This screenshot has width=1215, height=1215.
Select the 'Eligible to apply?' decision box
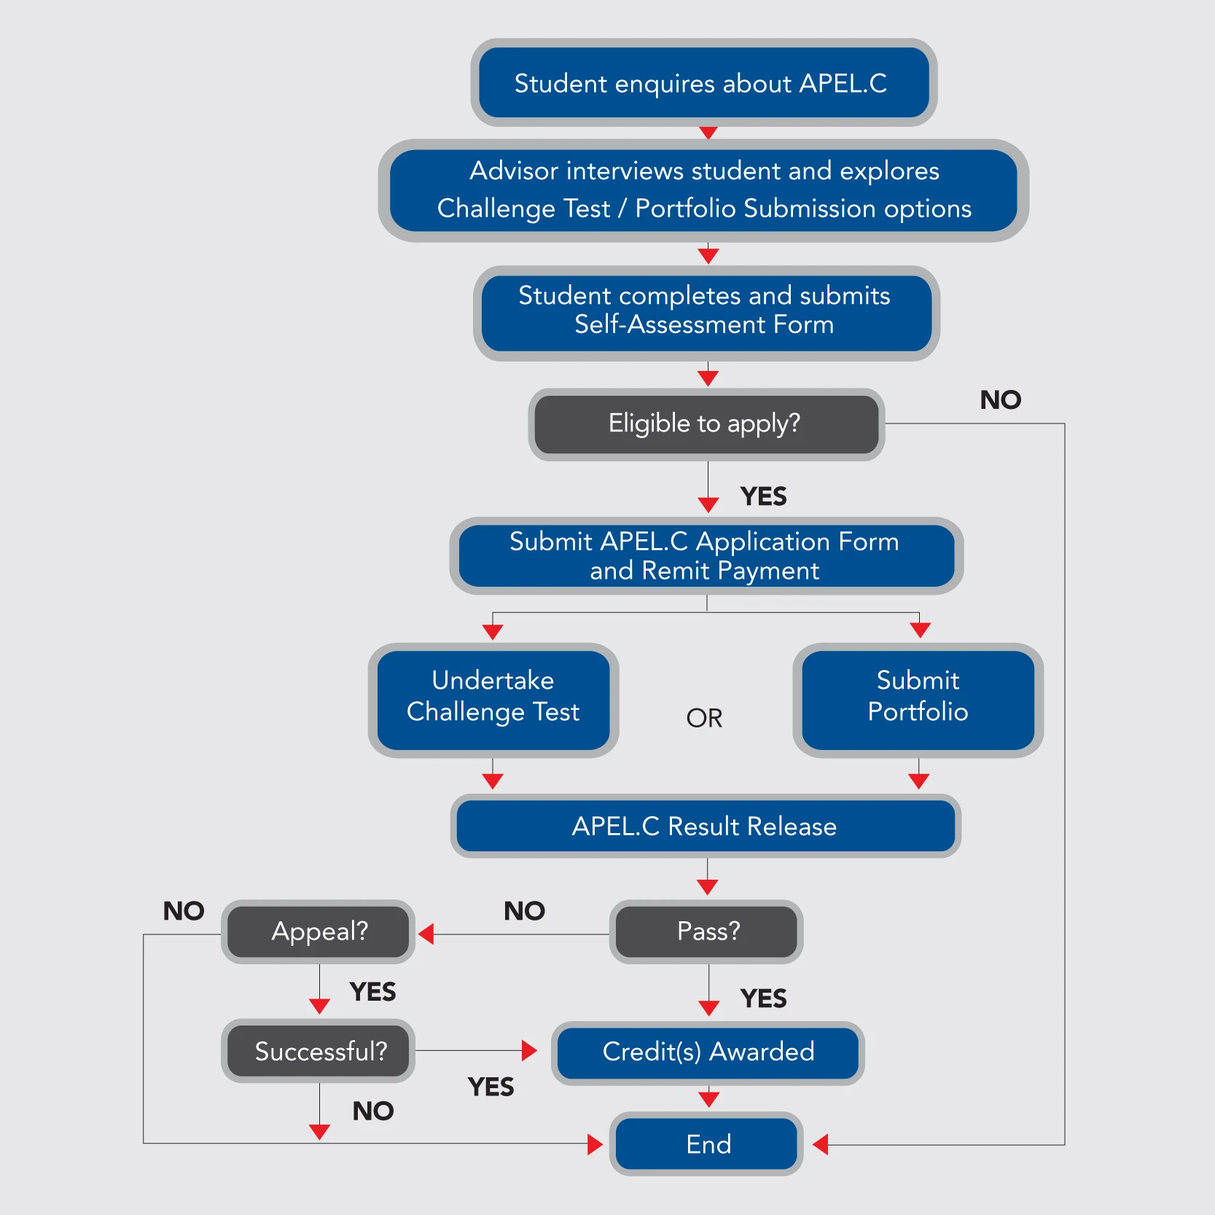706,424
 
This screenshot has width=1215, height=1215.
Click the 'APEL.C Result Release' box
705,826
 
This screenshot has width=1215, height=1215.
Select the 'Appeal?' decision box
319,931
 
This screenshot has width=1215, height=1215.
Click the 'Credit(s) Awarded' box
708,1052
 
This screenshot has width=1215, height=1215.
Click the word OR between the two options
704,718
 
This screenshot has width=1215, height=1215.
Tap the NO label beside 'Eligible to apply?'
1000,399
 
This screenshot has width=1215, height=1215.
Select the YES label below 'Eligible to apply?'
763,496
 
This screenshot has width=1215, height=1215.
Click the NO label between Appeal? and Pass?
524,910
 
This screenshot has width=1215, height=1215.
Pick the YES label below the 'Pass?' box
763,998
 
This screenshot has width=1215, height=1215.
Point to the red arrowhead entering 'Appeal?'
427,934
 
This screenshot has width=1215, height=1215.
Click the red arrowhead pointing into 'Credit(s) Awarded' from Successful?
530,1050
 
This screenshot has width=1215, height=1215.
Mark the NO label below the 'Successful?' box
372,1111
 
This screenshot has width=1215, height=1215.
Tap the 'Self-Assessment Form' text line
704,324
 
